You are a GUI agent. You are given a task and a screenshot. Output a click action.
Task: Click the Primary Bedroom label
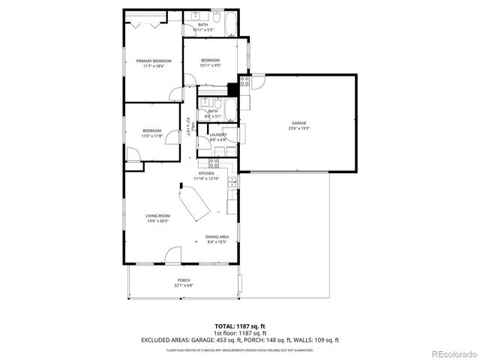coord(154,61)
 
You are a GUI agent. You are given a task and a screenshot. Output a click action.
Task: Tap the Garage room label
coord(299,123)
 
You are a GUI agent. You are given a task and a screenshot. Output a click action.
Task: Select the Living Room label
coord(157,216)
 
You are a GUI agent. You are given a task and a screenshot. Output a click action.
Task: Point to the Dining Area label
coord(217,237)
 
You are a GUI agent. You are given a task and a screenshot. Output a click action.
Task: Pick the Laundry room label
coord(218,134)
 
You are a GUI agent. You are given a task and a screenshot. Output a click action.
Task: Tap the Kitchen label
coord(206,173)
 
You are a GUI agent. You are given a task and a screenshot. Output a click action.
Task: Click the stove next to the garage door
coord(244,79)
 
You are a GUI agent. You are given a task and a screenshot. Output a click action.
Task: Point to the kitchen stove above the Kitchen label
coord(214,161)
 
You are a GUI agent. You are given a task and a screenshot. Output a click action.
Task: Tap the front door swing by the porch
coord(173,255)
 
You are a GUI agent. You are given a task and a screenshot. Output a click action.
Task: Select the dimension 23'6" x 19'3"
coord(299,128)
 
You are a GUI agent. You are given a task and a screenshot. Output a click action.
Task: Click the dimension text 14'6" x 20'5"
coord(157,221)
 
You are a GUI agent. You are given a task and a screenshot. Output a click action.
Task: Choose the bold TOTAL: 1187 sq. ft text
coord(239,325)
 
